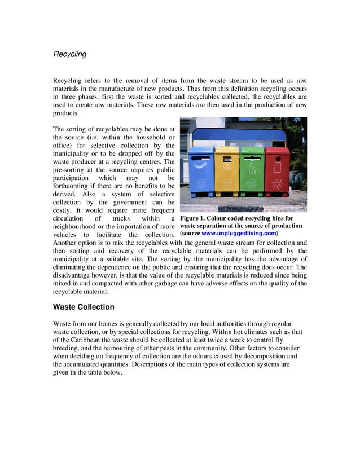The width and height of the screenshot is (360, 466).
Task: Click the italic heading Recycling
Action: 69,54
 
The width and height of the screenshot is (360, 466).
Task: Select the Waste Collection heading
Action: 84,307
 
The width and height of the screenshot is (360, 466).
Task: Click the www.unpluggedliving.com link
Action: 239,233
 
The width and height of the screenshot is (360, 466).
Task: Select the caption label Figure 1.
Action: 195,218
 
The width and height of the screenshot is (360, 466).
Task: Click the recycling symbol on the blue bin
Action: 201,183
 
